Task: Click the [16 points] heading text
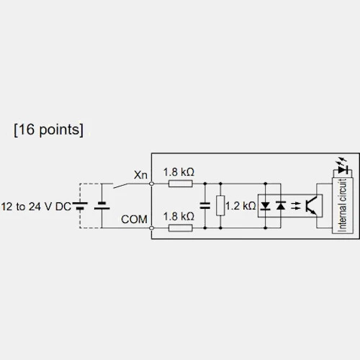point(49,130)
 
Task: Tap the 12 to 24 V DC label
point(36,207)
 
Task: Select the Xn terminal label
point(140,175)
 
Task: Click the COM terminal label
point(134,220)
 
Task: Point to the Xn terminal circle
point(151,184)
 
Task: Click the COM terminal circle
point(151,228)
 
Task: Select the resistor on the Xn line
point(181,184)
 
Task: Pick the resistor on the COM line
point(181,228)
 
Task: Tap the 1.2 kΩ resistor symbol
point(220,205)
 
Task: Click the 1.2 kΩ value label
point(240,206)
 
